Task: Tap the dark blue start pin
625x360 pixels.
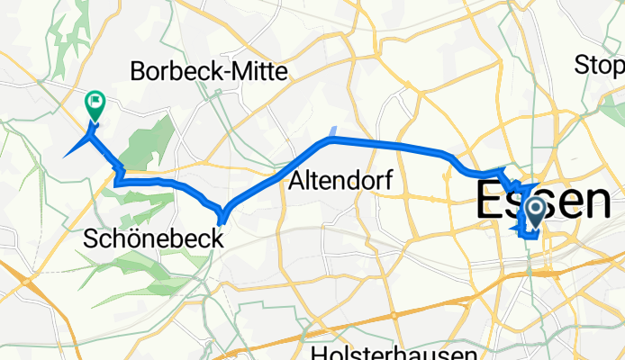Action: point(534,212)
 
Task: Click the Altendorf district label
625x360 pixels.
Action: point(341,181)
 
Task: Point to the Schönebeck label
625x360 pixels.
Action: point(148,238)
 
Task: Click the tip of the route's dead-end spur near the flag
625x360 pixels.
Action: point(65,157)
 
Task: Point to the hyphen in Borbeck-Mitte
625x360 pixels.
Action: point(226,72)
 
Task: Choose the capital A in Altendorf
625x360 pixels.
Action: point(296,181)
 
